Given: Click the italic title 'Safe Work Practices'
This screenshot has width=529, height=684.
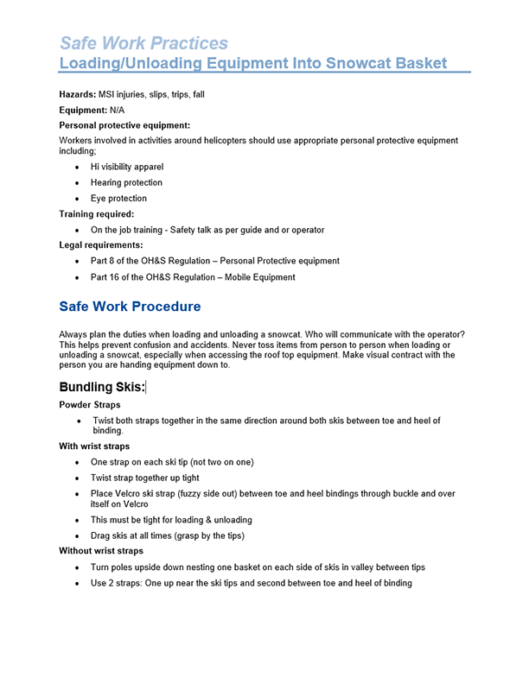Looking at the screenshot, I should (x=143, y=43).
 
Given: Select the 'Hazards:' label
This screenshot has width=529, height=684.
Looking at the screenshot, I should (x=78, y=94).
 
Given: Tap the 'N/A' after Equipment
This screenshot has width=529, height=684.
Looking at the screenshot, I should (x=119, y=110).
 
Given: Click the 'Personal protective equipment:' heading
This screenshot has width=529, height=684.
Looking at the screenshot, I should (x=124, y=125).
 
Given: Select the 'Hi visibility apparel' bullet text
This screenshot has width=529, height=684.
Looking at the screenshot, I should (x=126, y=167).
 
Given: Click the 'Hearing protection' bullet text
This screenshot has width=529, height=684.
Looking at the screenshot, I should (x=126, y=182).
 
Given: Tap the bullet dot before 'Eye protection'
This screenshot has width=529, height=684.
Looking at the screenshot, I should (x=77, y=199).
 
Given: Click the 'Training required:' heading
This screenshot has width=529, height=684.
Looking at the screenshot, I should (x=97, y=214).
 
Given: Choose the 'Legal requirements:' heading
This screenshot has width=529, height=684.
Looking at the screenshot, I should (x=100, y=245).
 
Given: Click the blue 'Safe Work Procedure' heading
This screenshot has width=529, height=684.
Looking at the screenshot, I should (x=130, y=307).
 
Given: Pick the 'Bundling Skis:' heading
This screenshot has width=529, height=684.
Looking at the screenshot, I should (x=102, y=387).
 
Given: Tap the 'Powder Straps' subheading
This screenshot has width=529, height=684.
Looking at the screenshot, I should (x=90, y=404).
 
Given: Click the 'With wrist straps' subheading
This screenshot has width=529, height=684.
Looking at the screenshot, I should (x=94, y=446).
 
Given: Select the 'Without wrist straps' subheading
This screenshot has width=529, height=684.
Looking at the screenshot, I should (x=101, y=550).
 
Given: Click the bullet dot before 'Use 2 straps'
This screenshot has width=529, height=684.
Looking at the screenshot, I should (x=77, y=583).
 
